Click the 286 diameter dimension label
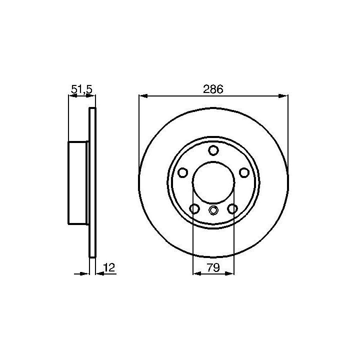(x=213, y=89)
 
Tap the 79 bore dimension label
(x=213, y=267)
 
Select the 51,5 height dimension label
(x=81, y=89)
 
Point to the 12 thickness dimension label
(x=109, y=267)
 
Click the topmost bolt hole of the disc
(x=213, y=150)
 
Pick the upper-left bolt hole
(x=183, y=172)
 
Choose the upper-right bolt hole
(x=244, y=172)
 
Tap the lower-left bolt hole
(x=194, y=208)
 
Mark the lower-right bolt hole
(x=232, y=208)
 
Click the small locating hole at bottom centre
(x=213, y=210)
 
